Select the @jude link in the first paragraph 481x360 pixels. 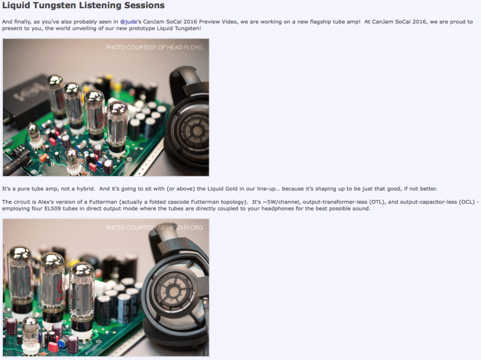pos(128,22)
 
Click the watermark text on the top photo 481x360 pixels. pos(154,48)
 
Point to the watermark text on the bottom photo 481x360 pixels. pos(154,228)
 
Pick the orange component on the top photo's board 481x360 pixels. pos(44,158)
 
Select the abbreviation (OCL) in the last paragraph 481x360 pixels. pos(467,202)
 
